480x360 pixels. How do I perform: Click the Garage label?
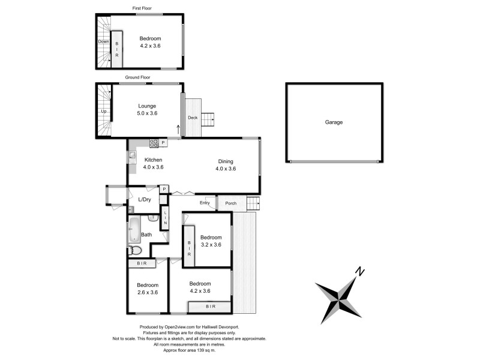tap(334, 122)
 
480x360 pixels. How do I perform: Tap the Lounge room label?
tap(146, 106)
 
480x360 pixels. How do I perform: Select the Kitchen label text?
tap(154, 160)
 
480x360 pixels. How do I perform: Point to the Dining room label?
tap(226, 161)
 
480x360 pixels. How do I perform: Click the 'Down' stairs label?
tap(104, 41)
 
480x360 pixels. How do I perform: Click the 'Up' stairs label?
tap(104, 112)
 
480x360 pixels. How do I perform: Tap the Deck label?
tap(193, 118)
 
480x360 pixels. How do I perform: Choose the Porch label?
tap(231, 203)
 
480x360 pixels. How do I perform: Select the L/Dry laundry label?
tap(145, 199)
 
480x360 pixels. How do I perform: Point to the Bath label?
tap(146, 235)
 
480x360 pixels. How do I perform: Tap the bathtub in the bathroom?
tap(133, 230)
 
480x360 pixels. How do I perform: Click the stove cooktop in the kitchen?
tap(154, 143)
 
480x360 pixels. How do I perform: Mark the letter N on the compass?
tap(359, 271)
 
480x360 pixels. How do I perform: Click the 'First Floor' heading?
tap(143, 8)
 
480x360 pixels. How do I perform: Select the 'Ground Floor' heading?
tap(137, 78)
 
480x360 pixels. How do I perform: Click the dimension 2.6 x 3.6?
tap(147, 292)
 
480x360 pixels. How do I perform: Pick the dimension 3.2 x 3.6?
tap(211, 244)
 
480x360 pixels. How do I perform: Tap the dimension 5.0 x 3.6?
tap(146, 113)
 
